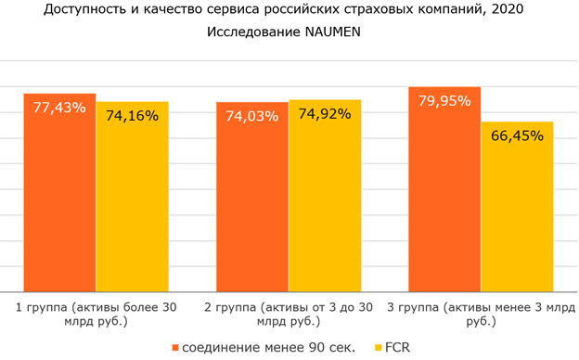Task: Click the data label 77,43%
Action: (59, 108)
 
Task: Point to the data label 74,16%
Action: (132, 116)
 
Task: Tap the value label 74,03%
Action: (252, 116)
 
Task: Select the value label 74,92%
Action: (325, 114)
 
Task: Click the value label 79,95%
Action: (444, 100)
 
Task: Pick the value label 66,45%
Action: (517, 135)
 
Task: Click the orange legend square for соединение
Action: (175, 347)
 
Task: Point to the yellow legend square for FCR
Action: (378, 347)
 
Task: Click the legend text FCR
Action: (397, 347)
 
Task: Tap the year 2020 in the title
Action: (513, 11)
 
